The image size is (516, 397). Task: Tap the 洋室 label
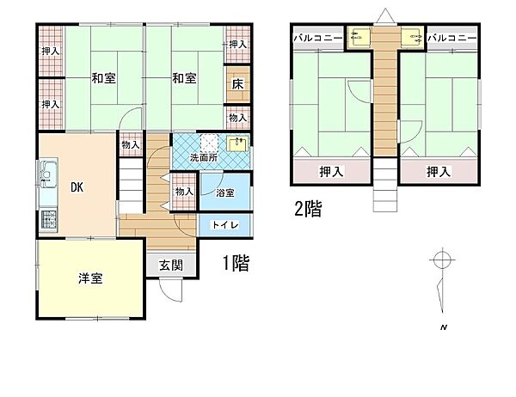[91, 278]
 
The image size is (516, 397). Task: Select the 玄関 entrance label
[170, 266]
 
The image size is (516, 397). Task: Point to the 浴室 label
[224, 193]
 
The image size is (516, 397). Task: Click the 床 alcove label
[236, 85]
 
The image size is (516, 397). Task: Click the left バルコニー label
[318, 39]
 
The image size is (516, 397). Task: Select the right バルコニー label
[451, 39]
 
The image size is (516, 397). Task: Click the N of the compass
[443, 328]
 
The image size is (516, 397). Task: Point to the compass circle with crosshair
[442, 260]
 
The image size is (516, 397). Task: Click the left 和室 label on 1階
[104, 79]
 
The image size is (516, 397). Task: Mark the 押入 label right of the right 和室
[237, 44]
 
